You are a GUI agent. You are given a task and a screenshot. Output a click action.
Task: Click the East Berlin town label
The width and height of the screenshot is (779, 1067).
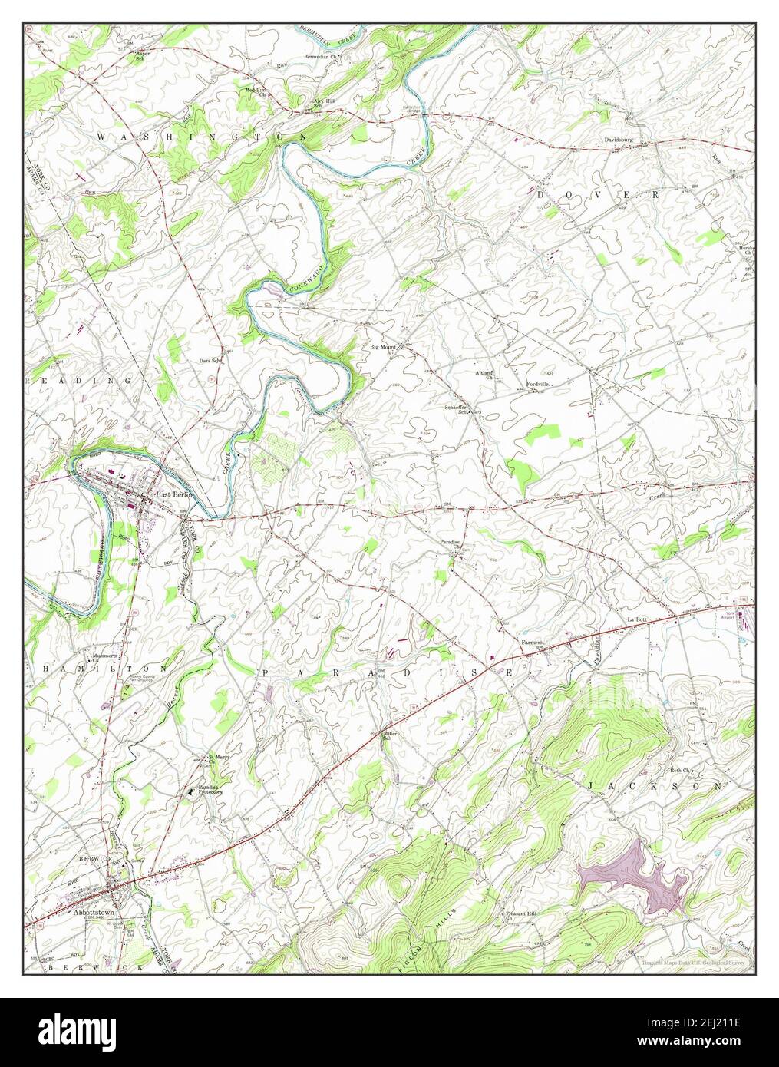click(173, 494)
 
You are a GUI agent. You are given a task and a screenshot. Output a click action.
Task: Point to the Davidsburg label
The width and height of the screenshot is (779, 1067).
click(621, 140)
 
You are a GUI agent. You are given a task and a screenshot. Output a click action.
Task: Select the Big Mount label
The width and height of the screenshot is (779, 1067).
click(383, 348)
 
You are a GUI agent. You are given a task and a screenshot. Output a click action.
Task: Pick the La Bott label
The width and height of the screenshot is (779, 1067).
click(636, 619)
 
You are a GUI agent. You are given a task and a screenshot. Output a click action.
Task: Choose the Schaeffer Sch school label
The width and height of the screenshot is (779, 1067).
click(456, 409)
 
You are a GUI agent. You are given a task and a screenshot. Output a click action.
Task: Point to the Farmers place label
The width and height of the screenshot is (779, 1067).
click(532, 641)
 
